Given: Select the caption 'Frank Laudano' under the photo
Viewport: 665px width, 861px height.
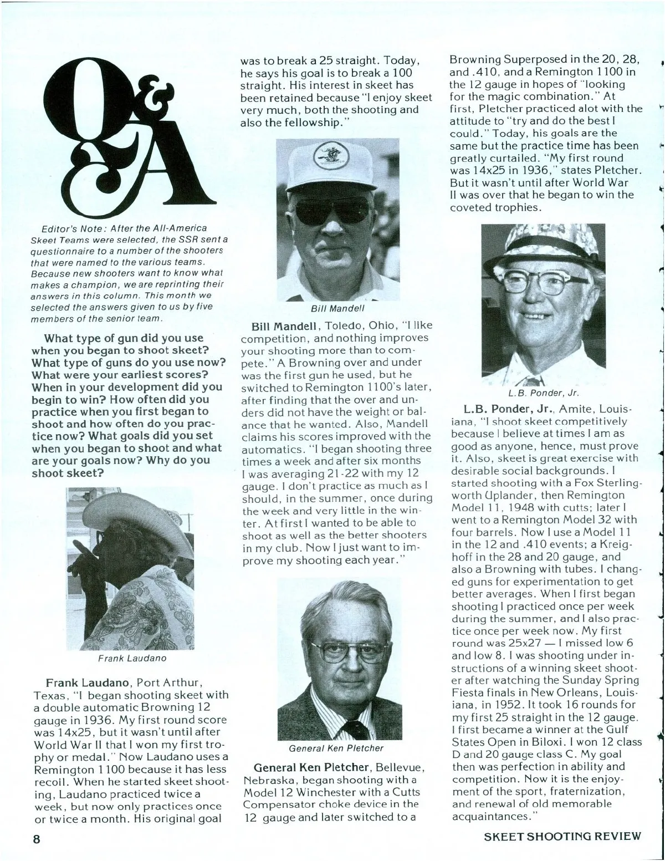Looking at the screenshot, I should [x=132, y=659].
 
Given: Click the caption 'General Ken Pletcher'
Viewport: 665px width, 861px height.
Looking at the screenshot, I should [x=336, y=748].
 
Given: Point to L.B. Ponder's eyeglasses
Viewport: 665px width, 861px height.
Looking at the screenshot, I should [x=540, y=284].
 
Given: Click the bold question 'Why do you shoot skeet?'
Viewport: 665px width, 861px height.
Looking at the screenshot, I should [x=121, y=466].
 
